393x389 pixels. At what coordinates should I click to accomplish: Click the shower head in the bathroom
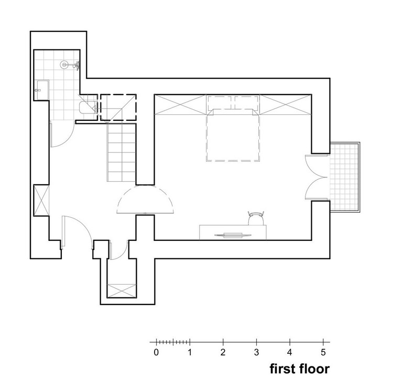pos(64,65)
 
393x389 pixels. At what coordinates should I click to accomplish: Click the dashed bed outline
pos(234,136)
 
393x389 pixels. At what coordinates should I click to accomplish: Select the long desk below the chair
pos(232,233)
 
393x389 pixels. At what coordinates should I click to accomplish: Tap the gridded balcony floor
pos(344,176)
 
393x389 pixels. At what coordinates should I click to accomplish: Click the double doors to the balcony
pos(318,177)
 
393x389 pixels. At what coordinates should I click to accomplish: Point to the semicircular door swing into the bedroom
pos(145,200)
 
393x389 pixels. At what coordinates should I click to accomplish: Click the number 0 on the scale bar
pos(156,352)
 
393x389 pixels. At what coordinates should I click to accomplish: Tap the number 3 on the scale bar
pos(256,352)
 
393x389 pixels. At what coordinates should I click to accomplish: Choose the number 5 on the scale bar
pos(323,352)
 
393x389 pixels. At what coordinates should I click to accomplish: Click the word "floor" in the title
pos(315,369)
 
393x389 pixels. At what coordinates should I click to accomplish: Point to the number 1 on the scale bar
pos(190,352)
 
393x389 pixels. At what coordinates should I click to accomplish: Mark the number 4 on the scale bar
pos(290,352)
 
